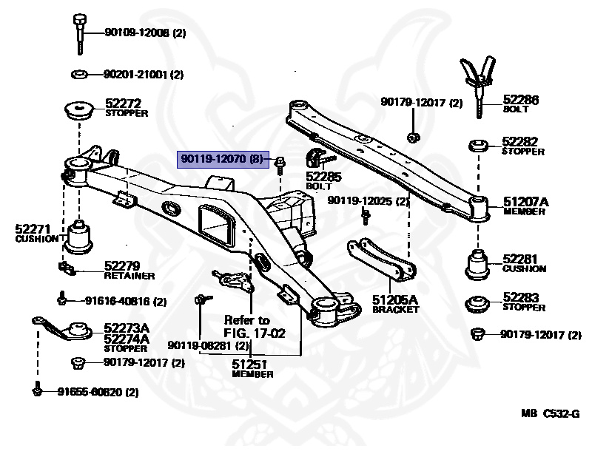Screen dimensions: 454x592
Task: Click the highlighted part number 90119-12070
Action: (219, 159)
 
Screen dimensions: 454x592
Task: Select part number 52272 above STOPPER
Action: (122, 104)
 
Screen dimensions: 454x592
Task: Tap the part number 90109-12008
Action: (137, 33)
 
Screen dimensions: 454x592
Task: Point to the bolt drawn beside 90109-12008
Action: (80, 33)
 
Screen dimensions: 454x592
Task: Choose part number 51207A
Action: (526, 201)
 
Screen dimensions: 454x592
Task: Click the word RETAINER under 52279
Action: (129, 276)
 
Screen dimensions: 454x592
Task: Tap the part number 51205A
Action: (394, 299)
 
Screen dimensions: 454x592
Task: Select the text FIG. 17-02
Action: (253, 333)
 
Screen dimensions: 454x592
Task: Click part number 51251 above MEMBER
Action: (249, 364)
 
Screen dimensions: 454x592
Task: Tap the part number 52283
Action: (520, 297)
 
